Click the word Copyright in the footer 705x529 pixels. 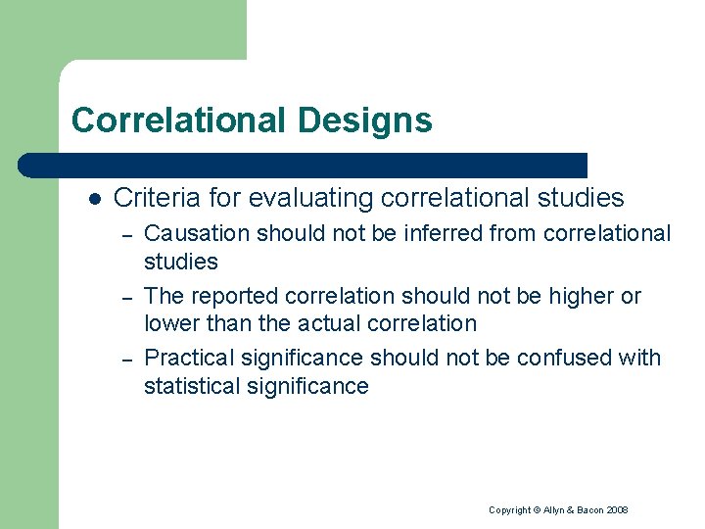point(509,510)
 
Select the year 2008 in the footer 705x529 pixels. point(618,510)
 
